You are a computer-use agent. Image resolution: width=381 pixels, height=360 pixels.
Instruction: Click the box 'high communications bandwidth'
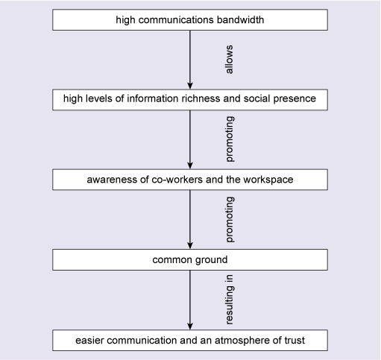click(190, 20)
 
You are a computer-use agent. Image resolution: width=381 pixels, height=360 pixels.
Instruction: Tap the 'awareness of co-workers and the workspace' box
click(190, 180)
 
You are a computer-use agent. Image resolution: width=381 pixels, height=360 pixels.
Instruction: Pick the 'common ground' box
click(190, 260)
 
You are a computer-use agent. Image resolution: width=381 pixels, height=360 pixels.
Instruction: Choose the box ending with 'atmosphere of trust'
click(190, 340)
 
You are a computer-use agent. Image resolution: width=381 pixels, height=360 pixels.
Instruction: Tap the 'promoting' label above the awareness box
click(230, 140)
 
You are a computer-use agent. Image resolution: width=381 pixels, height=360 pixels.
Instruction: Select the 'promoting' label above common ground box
click(230, 221)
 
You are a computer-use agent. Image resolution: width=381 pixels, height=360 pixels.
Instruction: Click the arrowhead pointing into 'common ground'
click(190, 244)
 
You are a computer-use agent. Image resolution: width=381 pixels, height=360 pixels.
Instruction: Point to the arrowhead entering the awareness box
click(190, 165)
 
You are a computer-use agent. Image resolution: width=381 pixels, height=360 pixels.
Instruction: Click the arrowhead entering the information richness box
click(190, 85)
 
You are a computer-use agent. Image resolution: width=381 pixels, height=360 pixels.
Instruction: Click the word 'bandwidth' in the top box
click(239, 20)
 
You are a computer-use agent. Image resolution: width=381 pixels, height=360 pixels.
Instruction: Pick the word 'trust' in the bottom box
click(294, 340)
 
